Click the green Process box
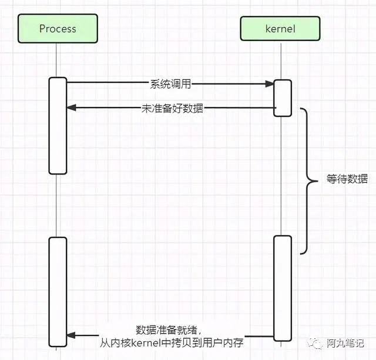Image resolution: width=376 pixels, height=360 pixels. coord(58,29)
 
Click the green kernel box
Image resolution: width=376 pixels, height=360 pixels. coord(280,29)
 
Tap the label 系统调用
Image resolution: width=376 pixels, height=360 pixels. coord(170,83)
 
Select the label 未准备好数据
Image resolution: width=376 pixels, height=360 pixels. coord(170,108)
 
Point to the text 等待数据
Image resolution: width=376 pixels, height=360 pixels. coord(347,179)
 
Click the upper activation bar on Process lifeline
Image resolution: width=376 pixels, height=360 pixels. coord(58,126)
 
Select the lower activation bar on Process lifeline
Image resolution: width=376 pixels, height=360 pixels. coord(58,291)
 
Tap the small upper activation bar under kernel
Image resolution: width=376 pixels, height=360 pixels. coord(283,97)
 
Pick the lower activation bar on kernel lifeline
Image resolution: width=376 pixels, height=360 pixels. coord(283,287)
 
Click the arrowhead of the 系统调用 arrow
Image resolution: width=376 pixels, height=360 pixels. coord(271,84)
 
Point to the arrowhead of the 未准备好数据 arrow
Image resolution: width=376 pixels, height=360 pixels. coord(70,107)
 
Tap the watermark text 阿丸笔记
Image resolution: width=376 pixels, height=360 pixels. coord(345,343)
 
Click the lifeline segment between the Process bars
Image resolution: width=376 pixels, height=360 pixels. coord(58,206)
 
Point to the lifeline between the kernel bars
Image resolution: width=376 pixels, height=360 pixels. coord(283,176)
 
